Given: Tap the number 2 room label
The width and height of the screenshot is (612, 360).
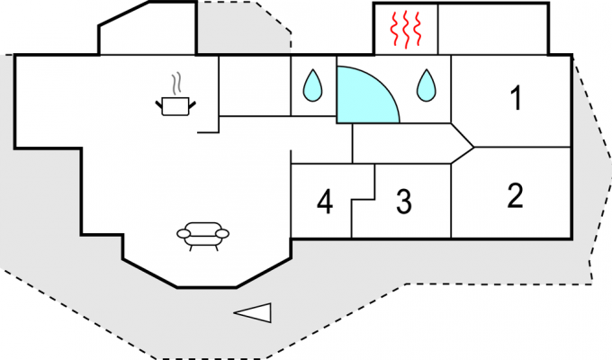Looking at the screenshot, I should pyautogui.click(x=515, y=195).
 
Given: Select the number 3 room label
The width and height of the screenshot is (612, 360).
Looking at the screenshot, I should pyautogui.click(x=403, y=202).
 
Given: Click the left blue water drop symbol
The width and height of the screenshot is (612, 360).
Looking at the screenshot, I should pyautogui.click(x=312, y=86).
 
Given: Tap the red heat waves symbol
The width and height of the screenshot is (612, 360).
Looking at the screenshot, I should pyautogui.click(x=405, y=29).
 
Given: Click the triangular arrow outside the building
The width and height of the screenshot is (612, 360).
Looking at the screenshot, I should pyautogui.click(x=254, y=312).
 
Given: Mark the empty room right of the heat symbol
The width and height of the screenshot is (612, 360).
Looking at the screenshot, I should pyautogui.click(x=492, y=29).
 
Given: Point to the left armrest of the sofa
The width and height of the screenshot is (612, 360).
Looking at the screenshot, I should pyautogui.click(x=184, y=234).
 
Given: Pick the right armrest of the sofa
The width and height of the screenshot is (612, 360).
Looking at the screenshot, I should pyautogui.click(x=222, y=234).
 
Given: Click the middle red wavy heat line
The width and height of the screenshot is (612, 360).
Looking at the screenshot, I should pyautogui.click(x=405, y=29).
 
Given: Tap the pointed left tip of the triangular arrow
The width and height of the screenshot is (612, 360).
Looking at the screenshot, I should pyautogui.click(x=235, y=313).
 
